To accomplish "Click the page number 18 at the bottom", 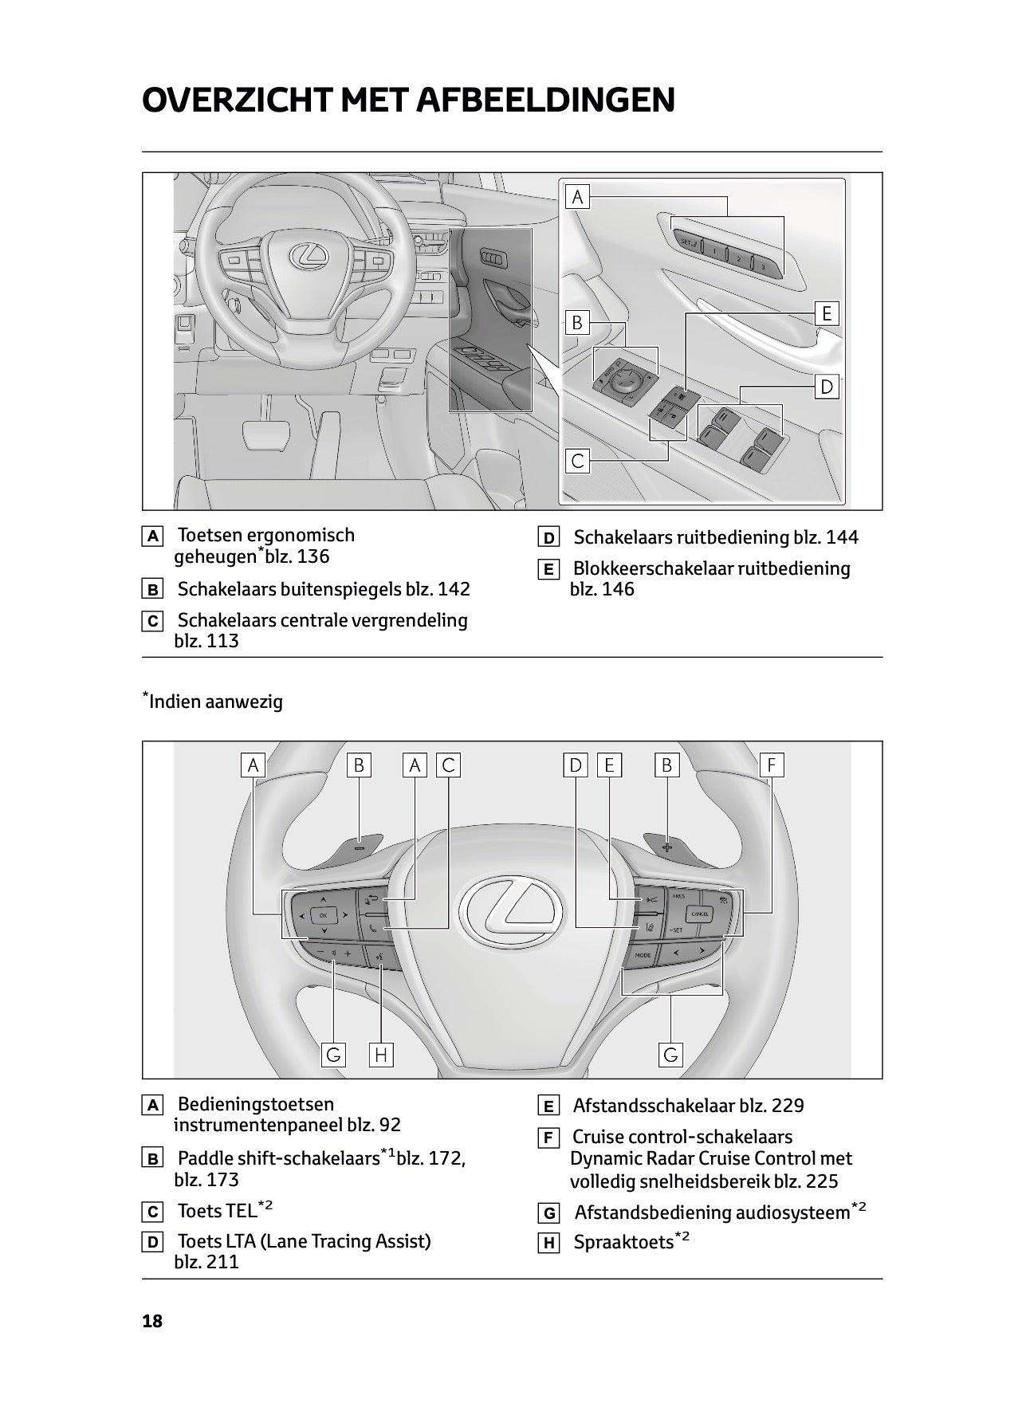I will click(x=151, y=1321).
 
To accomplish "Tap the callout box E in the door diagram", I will click(x=827, y=313).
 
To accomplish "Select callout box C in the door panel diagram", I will click(x=577, y=460).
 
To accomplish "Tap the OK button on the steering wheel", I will click(x=323, y=916).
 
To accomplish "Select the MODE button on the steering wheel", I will click(x=643, y=954).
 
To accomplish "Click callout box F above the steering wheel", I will click(x=771, y=765).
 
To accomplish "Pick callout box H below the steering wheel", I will click(x=380, y=1055).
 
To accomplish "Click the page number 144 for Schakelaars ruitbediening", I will click(x=842, y=537).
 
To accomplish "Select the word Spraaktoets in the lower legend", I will click(x=623, y=1242).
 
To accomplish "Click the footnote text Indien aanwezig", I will click(x=215, y=702).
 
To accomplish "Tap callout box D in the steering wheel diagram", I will click(x=575, y=765).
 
